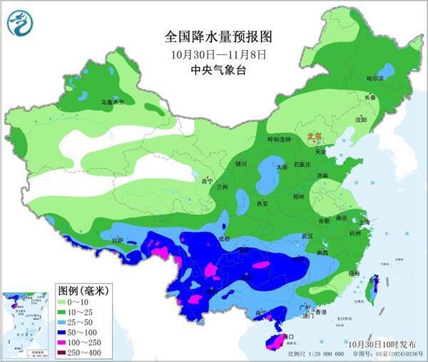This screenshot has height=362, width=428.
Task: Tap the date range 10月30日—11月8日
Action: [x=219, y=54]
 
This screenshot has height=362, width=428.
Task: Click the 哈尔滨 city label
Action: [x=374, y=78]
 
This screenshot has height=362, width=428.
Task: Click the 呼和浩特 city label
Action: [x=279, y=139]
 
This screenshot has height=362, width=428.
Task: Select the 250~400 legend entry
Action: [x=81, y=352]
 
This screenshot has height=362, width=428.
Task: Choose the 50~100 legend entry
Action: [x=81, y=332]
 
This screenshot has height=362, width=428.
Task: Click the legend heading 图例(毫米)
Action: [x=81, y=291]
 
